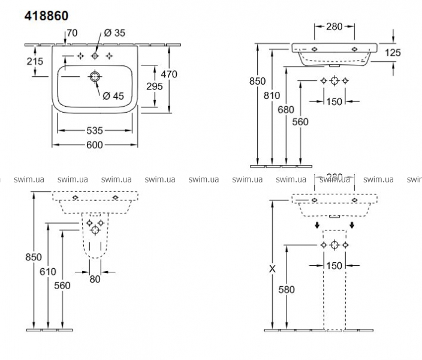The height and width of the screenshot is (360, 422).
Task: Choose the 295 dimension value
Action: click(x=155, y=86)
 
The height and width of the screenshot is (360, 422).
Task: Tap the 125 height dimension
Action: click(x=393, y=53)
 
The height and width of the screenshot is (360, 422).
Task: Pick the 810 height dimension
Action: click(x=281, y=94)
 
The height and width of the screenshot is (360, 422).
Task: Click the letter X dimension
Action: click(x=273, y=269)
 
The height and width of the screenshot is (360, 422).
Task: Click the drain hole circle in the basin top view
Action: click(x=95, y=77)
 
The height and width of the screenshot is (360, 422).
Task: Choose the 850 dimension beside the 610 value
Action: click(x=34, y=257)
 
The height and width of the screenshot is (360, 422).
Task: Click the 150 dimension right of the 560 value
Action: click(x=334, y=101)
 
